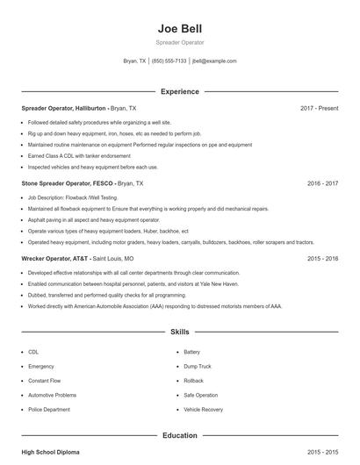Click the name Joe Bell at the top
tap(179, 28)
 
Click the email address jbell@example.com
tap(214, 61)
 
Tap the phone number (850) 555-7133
tap(169, 61)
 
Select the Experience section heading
tap(179, 91)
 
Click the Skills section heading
tap(179, 333)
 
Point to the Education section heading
tap(179, 434)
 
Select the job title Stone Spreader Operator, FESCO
tap(68, 184)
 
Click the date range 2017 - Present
tap(319, 108)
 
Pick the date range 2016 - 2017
tap(323, 184)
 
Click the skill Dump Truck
tap(198, 365)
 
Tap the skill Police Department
tap(49, 410)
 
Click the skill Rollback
tap(194, 380)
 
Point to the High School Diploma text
tap(50, 452)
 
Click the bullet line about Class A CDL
tap(73, 155)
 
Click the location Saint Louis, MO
tap(113, 260)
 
